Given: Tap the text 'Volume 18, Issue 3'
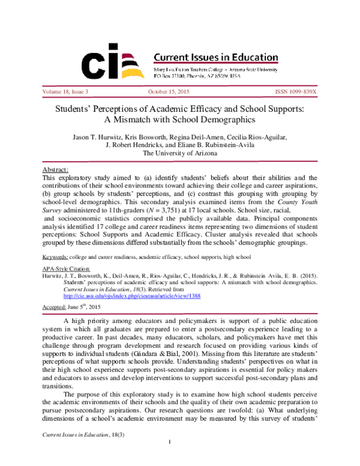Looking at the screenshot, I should tap(65, 91).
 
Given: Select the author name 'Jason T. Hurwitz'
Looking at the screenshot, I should tap(98, 137).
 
